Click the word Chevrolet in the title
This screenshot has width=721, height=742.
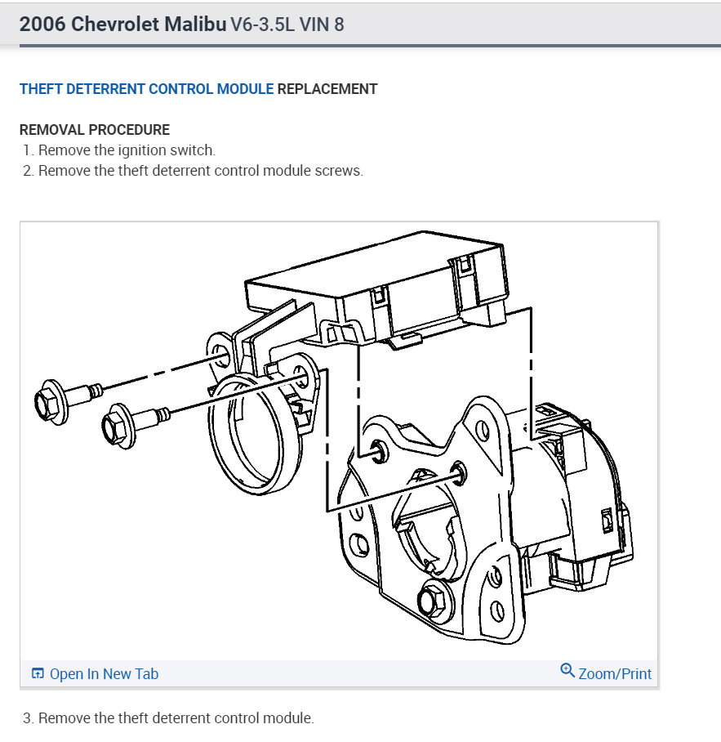115,25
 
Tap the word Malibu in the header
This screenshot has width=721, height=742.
195,25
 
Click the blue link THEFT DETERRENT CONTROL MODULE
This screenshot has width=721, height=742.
146,89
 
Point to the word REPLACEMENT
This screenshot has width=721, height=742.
327,89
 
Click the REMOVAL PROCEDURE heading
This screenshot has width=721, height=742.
95,130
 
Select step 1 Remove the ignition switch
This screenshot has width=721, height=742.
119,150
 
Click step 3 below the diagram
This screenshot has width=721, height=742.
168,717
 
